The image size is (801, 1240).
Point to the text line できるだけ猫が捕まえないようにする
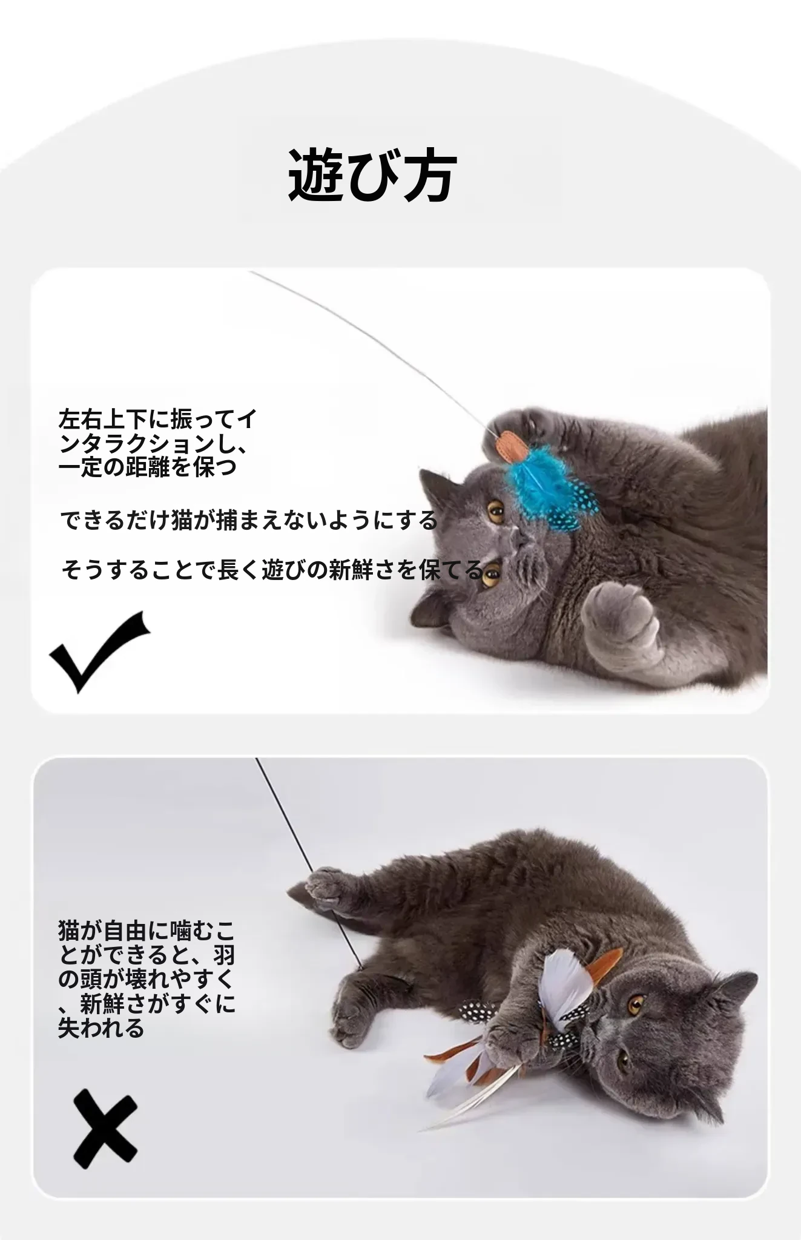tap(249, 520)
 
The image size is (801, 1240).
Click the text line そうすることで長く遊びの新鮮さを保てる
tap(272, 570)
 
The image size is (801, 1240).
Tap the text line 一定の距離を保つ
tap(148, 467)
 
